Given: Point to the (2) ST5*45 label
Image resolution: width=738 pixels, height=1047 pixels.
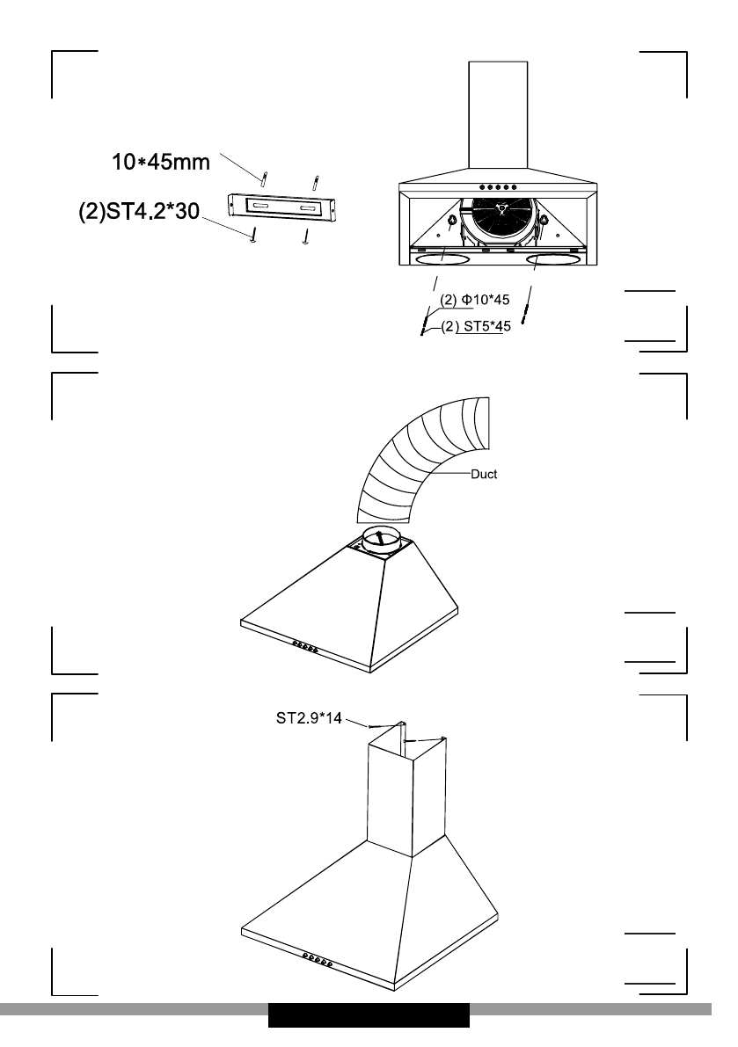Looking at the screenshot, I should coord(475,327).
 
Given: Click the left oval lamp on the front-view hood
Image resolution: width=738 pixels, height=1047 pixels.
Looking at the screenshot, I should coord(440,260).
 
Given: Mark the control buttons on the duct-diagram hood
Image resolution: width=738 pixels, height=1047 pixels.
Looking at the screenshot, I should coord(304,647).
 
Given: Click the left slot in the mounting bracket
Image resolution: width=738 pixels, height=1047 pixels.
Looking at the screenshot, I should coord(262,207).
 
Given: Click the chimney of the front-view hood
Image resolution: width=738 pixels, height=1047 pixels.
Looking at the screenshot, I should coord(498,114).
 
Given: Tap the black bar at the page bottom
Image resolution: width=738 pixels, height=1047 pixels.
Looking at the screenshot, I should coord(369,1015).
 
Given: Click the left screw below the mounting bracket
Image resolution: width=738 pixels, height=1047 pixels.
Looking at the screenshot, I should coord(253,236).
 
